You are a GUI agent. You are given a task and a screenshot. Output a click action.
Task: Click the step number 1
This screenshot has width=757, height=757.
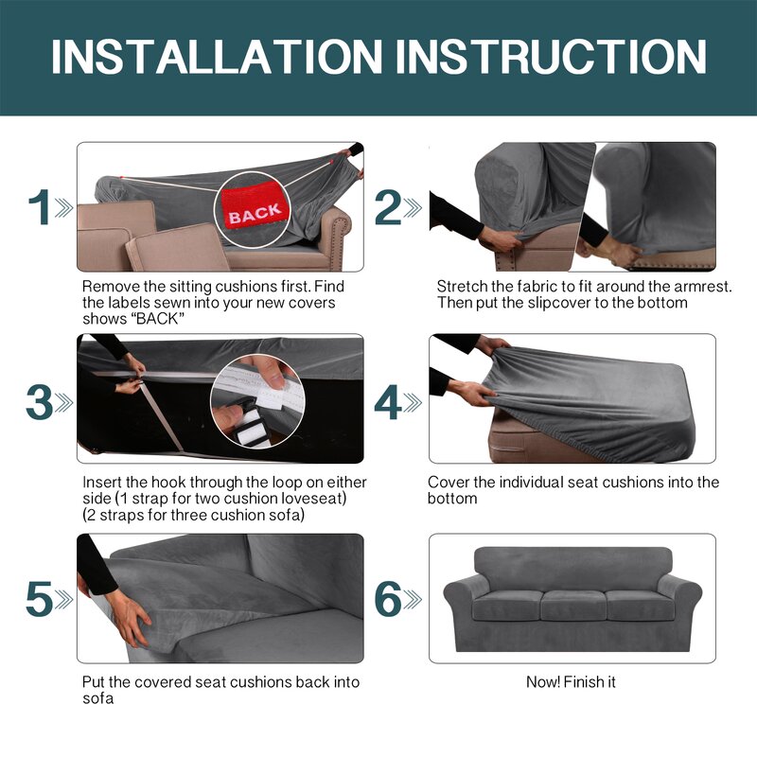point(40,207)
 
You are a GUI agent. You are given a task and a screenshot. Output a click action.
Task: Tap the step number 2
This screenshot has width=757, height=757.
point(388,207)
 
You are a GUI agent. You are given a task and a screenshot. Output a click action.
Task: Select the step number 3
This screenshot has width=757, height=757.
point(39,402)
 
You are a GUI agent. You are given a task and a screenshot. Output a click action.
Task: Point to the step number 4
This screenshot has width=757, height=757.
point(388,402)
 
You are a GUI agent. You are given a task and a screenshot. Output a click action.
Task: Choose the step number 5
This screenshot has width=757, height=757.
point(39,599)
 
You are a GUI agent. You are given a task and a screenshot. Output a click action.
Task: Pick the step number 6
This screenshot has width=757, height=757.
point(388,599)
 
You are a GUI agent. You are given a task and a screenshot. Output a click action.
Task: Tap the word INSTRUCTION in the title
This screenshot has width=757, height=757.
point(551,57)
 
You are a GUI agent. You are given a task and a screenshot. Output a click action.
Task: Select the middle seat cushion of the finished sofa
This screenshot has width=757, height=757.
point(573,605)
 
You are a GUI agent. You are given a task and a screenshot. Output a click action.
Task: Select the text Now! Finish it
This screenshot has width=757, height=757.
point(571,681)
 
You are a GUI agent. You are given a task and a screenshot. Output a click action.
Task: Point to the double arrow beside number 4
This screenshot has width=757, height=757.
point(413,403)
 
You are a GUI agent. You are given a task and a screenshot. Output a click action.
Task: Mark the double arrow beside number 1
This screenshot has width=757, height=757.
point(63,207)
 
